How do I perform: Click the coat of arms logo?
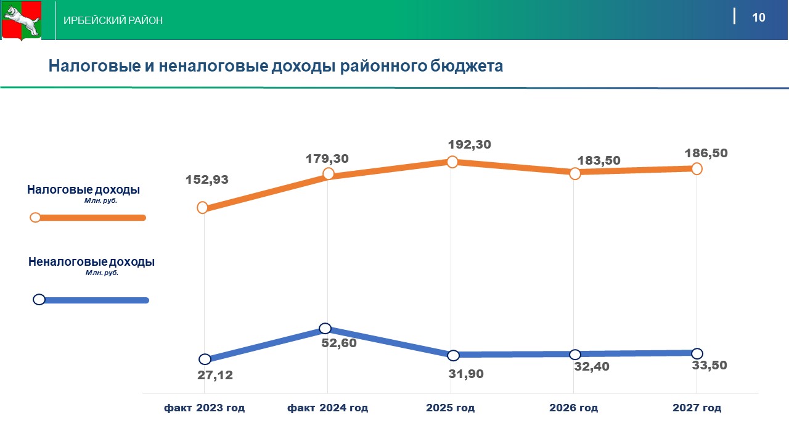point(21,21)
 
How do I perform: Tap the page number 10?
point(758,17)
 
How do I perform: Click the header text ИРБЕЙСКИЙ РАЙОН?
point(113,21)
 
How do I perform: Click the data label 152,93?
point(207,180)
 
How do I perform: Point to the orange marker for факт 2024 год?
point(329,174)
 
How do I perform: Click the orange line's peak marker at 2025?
point(452,162)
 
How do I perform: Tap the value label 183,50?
point(599,160)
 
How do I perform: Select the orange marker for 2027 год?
point(697,168)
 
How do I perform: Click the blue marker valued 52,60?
point(325,328)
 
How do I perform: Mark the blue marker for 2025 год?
point(453,355)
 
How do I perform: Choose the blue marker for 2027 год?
point(697,353)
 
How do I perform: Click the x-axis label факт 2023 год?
point(204,408)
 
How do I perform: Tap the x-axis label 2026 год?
point(573,408)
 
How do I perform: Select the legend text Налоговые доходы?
point(83,190)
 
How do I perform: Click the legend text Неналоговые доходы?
point(91,262)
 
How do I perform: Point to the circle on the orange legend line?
point(35,217)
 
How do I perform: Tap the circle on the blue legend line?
point(39,300)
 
